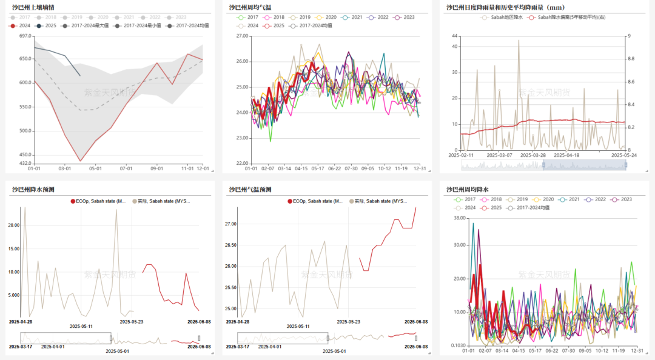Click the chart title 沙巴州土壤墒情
(33, 8)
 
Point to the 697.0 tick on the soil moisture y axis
(25, 36)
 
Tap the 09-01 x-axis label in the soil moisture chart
(156, 168)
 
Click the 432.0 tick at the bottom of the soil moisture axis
(25, 164)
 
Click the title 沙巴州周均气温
(250, 8)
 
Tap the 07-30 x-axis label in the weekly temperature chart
(351, 168)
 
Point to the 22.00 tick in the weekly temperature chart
(242, 164)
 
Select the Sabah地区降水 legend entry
(502, 18)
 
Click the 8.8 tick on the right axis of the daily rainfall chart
(631, 58)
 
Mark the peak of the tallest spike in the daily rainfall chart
(519, 40)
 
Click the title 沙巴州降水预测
(33, 190)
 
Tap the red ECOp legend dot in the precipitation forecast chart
(73, 201)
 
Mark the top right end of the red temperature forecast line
(416, 208)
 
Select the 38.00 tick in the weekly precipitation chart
(458, 218)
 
